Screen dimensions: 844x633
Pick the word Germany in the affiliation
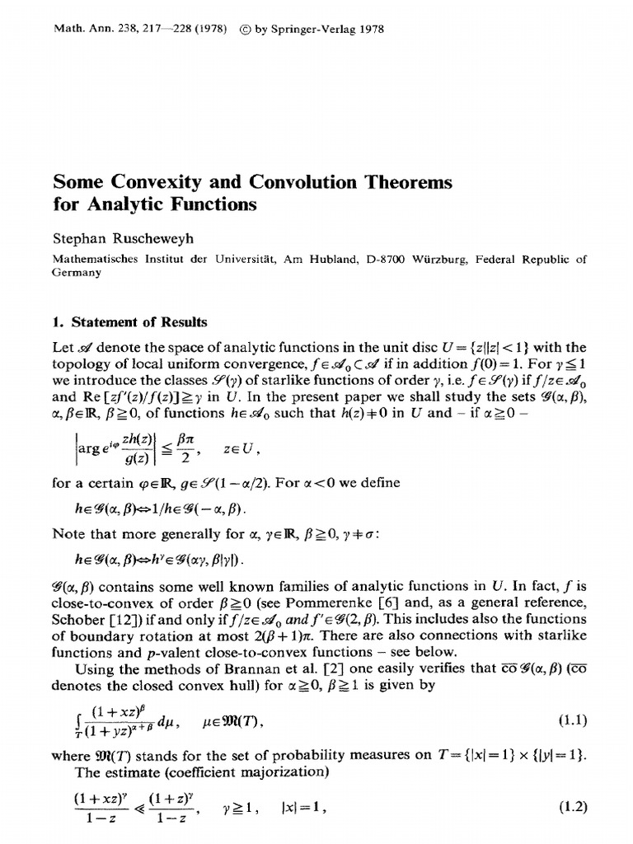(76, 274)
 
